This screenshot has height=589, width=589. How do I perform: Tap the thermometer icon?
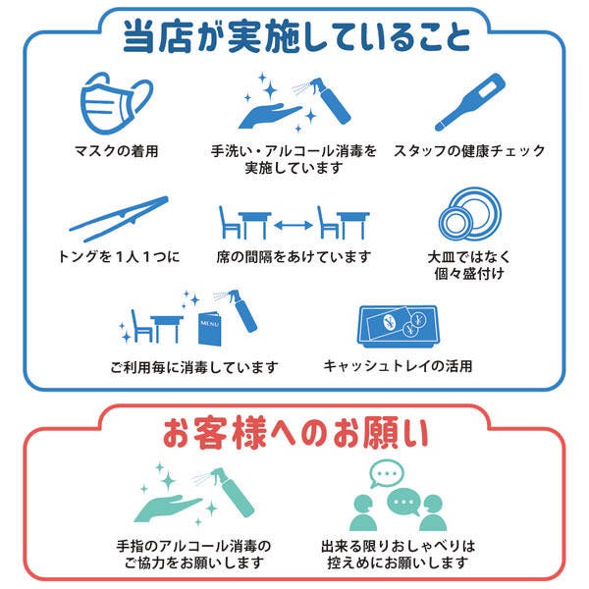click(469, 102)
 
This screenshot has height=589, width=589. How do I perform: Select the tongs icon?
click(119, 218)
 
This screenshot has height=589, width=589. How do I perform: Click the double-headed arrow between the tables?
click(294, 225)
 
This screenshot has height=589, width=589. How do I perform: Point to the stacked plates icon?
click(469, 214)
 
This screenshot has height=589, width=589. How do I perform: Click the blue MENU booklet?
click(210, 328)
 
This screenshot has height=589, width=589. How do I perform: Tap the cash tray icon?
click(398, 326)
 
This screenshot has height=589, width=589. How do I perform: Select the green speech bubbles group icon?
click(398, 496)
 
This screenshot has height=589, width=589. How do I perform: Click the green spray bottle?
click(230, 492)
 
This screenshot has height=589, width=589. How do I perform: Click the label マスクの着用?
click(116, 151)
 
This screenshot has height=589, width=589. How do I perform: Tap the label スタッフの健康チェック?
click(469, 151)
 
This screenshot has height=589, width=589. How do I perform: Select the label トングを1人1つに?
click(119, 257)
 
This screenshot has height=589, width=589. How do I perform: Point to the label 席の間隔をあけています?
click(294, 257)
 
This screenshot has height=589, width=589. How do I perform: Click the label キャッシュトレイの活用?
click(398, 366)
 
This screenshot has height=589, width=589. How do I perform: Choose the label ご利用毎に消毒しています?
click(194, 367)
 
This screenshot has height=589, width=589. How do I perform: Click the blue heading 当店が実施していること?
click(296, 35)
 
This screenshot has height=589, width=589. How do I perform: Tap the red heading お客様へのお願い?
click(295, 433)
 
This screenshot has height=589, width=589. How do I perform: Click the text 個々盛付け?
click(469, 273)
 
